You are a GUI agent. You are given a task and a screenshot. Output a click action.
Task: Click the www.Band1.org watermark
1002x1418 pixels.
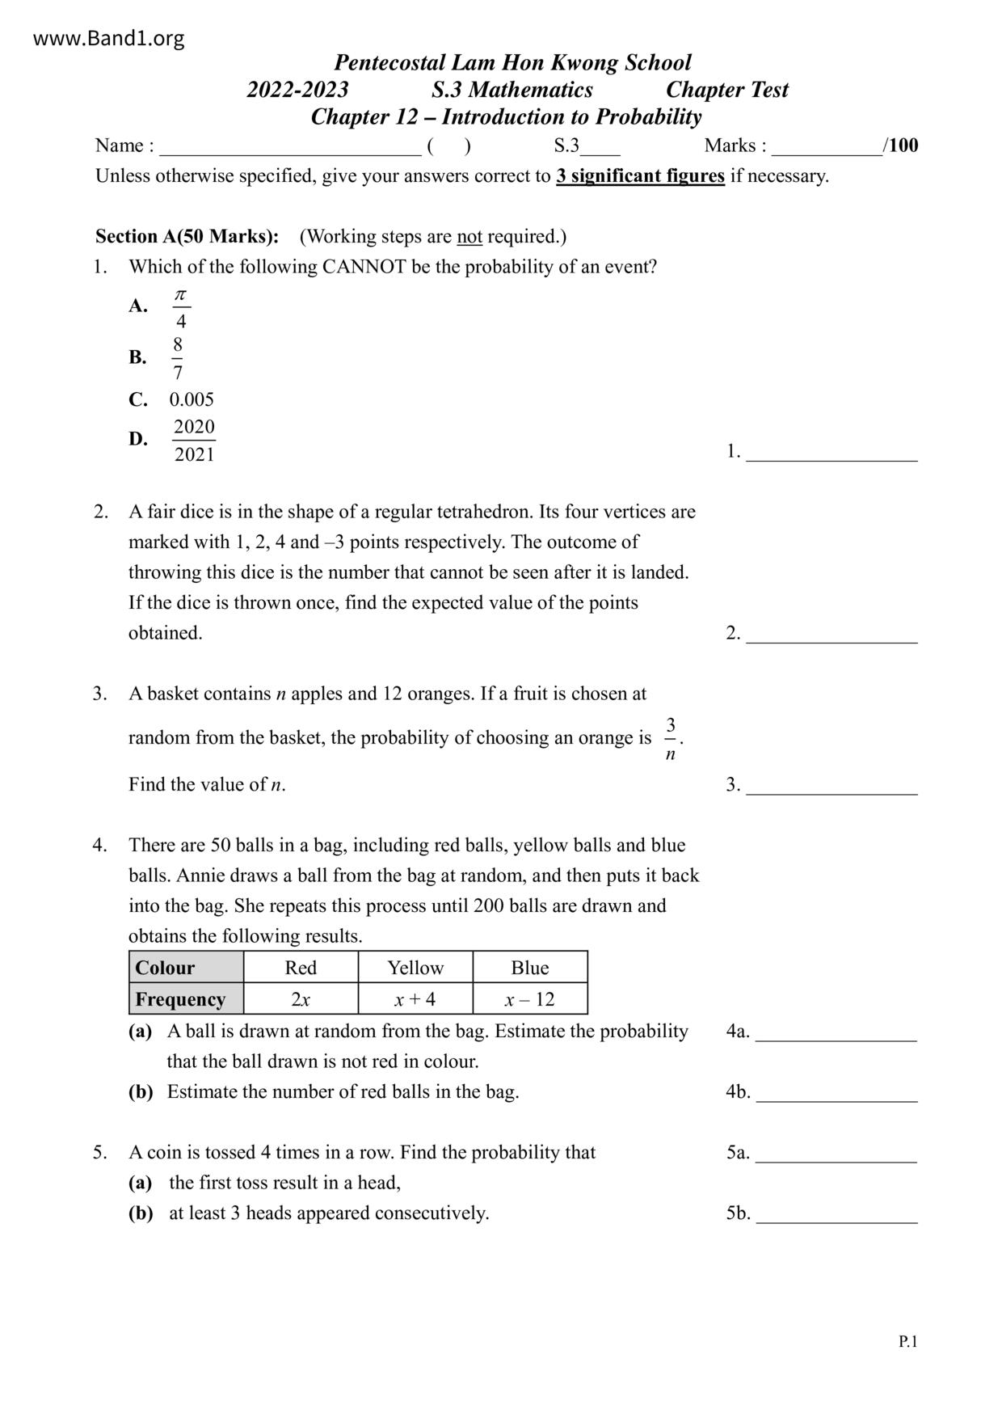click(108, 38)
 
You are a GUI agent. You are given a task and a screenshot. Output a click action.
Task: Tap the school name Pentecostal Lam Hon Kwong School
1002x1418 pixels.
click(512, 62)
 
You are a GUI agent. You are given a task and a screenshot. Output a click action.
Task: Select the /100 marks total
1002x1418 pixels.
click(901, 146)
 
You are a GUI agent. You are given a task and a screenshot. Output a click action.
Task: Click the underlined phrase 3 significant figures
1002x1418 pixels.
click(639, 176)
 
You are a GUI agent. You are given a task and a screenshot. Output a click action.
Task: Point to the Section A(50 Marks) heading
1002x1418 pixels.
click(187, 236)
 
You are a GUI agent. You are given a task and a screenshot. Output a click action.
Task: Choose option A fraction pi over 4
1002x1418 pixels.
click(181, 308)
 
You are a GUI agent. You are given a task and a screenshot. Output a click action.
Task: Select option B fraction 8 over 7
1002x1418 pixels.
click(178, 358)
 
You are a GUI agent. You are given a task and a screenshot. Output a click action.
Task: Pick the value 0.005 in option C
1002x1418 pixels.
click(192, 399)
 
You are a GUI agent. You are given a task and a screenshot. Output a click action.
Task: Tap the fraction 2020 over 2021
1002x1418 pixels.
click(194, 441)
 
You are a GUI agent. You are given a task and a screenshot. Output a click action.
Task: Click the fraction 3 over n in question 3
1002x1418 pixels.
click(671, 739)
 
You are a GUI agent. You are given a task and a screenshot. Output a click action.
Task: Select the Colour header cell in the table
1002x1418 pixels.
click(186, 968)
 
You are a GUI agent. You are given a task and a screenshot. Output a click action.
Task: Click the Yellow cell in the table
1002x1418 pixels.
click(415, 968)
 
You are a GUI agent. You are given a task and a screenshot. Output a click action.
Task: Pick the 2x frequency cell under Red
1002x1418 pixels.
click(301, 999)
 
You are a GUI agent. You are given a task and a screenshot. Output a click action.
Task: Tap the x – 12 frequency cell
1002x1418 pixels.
click(530, 999)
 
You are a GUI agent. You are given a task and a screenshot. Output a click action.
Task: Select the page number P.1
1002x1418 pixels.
click(907, 1342)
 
